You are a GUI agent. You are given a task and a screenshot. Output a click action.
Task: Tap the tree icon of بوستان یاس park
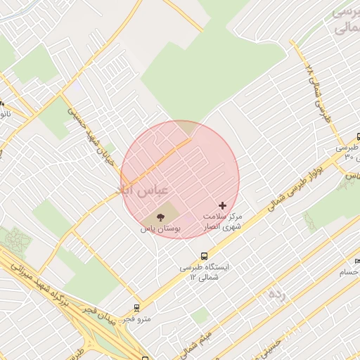tap(160, 217)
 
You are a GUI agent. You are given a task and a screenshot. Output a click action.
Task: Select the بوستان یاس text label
tap(160, 229)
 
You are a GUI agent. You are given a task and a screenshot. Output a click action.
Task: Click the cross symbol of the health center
tap(223, 205)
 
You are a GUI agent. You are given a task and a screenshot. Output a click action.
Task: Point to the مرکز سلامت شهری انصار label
tap(222, 221)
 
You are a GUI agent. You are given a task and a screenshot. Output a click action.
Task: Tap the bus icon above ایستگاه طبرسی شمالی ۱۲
tap(204, 256)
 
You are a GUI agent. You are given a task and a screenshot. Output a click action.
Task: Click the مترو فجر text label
tap(135, 319)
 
